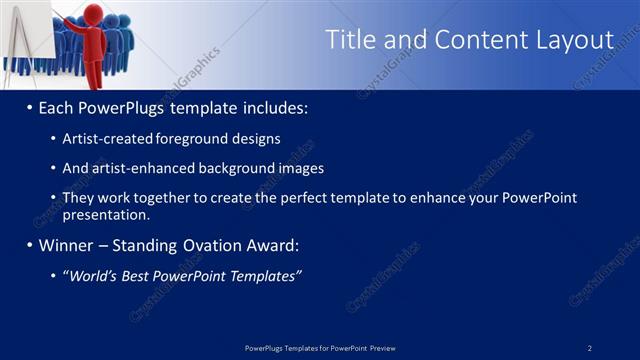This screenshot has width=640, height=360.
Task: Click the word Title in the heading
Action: tap(352, 40)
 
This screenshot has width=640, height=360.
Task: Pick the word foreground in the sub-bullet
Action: tap(208, 139)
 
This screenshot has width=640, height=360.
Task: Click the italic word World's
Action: tap(93, 276)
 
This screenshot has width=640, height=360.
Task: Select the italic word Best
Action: tap(138, 276)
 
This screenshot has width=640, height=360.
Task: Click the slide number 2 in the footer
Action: tap(590, 348)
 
